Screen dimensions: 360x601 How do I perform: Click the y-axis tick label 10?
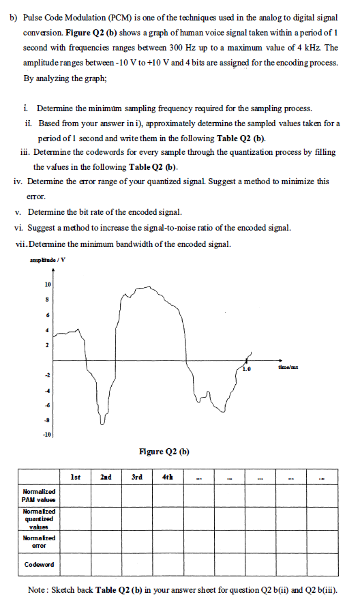click(48, 283)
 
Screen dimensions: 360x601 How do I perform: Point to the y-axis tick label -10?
click(46, 435)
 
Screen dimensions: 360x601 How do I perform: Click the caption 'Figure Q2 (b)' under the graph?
click(164, 451)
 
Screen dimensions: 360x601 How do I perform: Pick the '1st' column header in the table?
click(78, 476)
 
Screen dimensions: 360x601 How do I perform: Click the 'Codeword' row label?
click(38, 566)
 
